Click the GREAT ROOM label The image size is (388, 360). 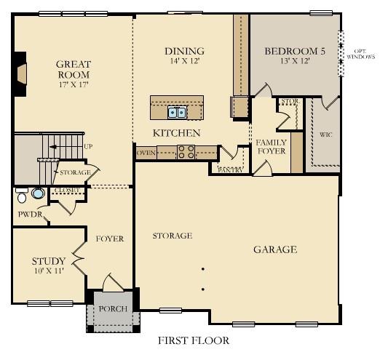[x=73, y=69]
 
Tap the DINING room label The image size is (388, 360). [x=184, y=51]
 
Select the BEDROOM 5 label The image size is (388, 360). [x=294, y=51]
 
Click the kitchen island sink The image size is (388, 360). [x=177, y=111]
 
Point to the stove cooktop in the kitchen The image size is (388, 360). [x=186, y=152]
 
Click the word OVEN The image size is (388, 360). [x=146, y=153]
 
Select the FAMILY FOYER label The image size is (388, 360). [x=270, y=145]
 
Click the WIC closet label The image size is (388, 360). [x=325, y=135]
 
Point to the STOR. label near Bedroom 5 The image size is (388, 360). [x=290, y=102]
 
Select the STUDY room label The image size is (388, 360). [x=49, y=261]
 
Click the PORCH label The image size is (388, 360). [x=113, y=309]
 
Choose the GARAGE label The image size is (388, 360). [x=274, y=249]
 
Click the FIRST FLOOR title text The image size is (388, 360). [x=194, y=340]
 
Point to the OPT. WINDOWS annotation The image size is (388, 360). [x=360, y=52]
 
